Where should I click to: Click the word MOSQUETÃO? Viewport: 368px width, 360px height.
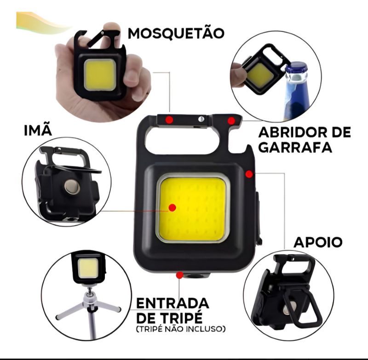(176, 33)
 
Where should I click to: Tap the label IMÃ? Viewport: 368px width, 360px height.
(38, 130)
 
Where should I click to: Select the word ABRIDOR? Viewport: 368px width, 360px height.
(294, 132)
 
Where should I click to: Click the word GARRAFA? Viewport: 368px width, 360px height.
(295, 147)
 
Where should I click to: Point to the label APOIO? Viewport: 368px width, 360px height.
(318, 242)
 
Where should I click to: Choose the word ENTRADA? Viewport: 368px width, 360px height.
(172, 303)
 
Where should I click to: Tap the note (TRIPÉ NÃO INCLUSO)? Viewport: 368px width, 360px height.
(181, 329)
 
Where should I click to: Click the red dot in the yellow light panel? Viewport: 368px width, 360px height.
(172, 208)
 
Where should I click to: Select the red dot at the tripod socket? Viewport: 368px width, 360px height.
(180, 275)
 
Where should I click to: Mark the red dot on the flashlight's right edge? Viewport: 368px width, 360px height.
(249, 174)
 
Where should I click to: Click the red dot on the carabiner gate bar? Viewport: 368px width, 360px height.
(169, 120)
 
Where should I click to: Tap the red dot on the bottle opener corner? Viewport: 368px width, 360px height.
(231, 121)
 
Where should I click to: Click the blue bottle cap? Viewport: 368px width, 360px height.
(297, 68)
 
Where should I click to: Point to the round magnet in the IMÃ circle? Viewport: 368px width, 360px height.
(72, 186)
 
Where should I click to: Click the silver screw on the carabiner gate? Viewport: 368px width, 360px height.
(201, 119)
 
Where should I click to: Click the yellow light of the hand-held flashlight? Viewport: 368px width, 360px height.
(100, 75)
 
